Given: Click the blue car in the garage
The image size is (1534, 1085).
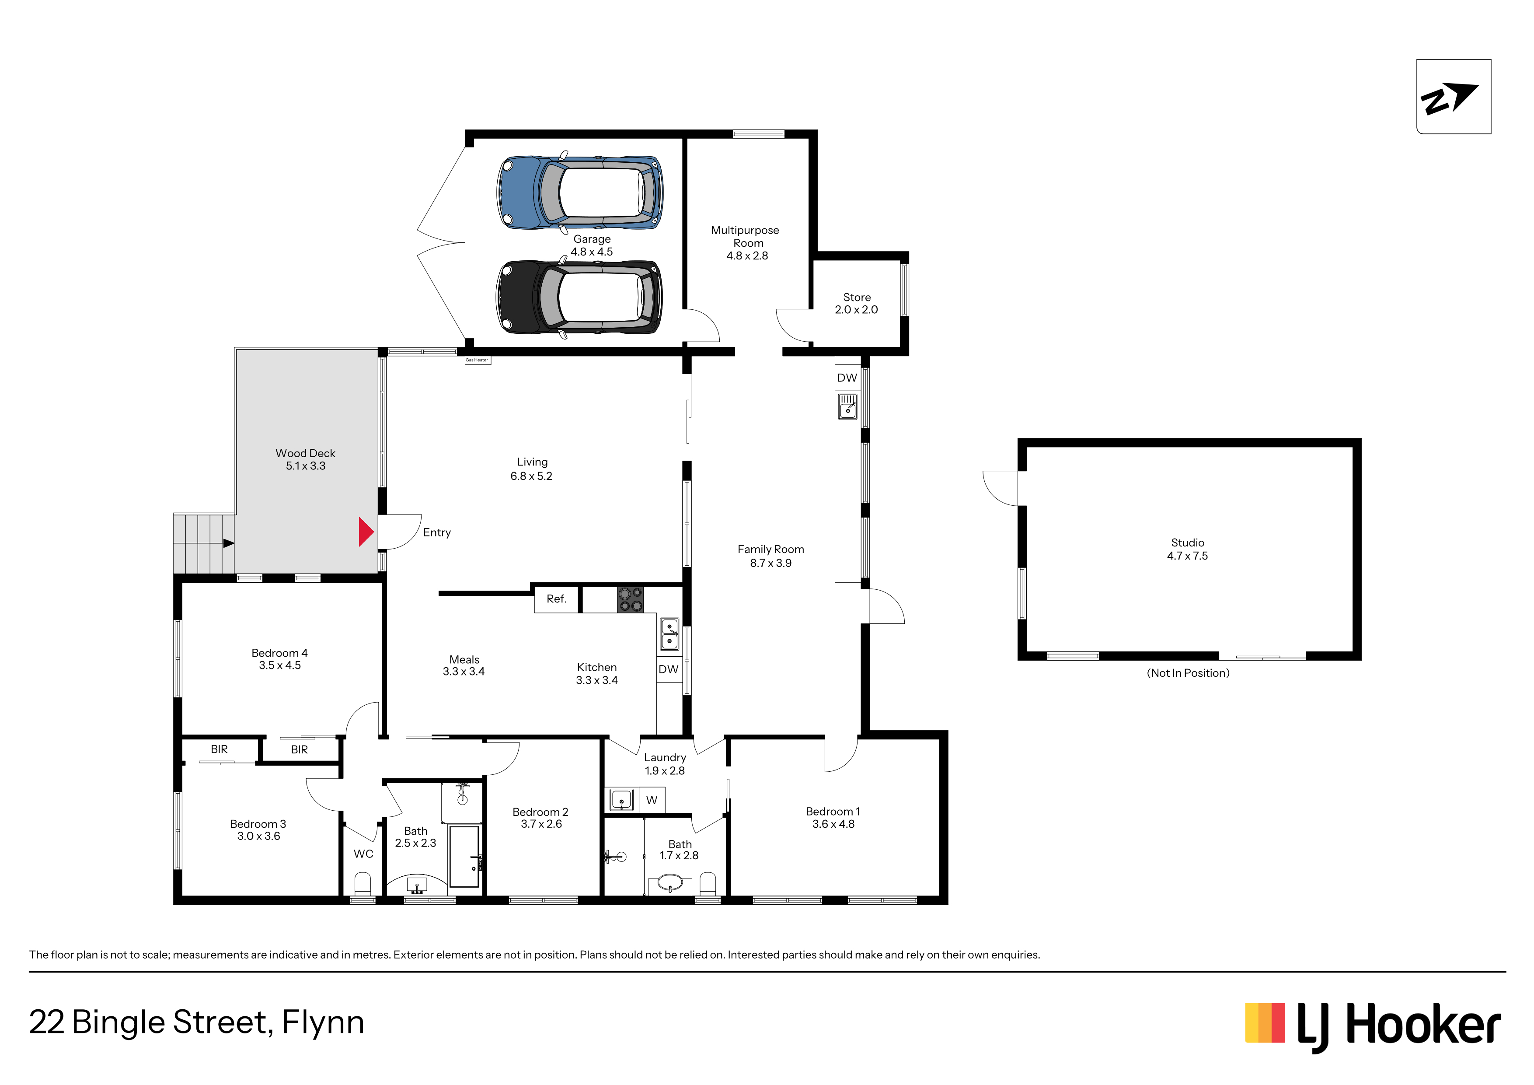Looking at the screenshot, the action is (579, 192).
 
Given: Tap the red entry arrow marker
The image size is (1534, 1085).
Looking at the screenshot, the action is (366, 532).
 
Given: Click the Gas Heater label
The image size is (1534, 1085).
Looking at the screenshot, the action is (477, 360).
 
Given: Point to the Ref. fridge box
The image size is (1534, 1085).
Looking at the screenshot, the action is (557, 599).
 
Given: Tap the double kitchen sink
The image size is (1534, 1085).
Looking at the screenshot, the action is (669, 634).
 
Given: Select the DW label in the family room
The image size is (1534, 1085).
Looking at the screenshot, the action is (847, 378).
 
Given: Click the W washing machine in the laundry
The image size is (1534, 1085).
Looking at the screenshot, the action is (652, 800).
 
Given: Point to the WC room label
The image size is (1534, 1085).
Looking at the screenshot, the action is (363, 854).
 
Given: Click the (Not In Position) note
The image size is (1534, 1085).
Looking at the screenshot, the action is (1188, 673).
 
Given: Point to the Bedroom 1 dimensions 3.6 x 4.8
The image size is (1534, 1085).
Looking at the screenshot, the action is (833, 824).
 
